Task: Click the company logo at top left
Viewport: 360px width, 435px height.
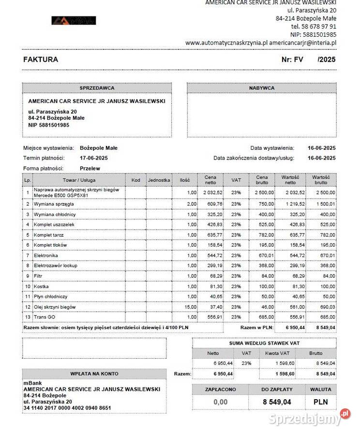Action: [x=74, y=20]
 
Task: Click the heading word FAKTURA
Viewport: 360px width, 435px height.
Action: [x=41, y=59]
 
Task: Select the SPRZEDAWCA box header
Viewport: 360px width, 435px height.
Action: [x=97, y=88]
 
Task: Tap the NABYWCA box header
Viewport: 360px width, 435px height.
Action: [x=262, y=88]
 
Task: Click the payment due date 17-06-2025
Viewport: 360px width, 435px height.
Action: [x=93, y=158]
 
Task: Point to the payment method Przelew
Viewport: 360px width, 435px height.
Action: [x=90, y=168]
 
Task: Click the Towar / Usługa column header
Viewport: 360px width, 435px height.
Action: [x=79, y=180]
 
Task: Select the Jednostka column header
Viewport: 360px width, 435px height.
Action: [x=159, y=180]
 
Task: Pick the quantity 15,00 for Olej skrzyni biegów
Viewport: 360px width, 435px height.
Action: [x=190, y=307]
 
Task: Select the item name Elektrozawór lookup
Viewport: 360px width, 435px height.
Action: [x=55, y=265]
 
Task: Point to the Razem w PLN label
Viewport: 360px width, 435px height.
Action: [x=256, y=328]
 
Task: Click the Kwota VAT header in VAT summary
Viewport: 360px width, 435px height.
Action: [x=278, y=353]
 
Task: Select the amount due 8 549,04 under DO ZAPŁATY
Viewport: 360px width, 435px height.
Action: [x=277, y=402]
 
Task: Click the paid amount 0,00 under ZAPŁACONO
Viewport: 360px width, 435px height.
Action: [x=220, y=402]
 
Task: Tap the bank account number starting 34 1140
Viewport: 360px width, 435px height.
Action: [x=67, y=408]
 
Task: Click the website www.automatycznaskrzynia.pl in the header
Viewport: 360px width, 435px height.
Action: [x=226, y=43]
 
